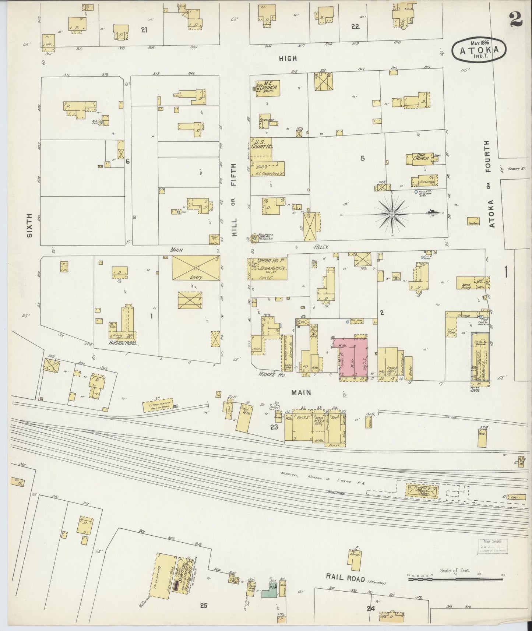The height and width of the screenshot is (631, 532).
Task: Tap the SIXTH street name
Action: coord(30,225)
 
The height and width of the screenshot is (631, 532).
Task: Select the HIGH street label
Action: coord(288,58)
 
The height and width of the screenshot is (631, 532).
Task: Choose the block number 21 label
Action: coord(144,30)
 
